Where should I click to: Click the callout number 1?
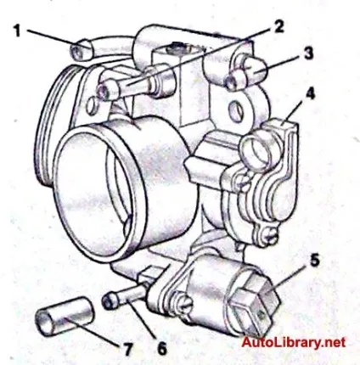18,31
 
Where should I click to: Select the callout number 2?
278,26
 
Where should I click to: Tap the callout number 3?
308,53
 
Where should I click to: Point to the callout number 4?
310,93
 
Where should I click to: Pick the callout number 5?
314,261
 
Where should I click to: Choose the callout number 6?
162,348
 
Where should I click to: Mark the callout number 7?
127,350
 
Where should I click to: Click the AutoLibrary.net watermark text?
294,342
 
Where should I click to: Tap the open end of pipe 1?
77,52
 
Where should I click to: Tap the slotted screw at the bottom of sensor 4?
271,237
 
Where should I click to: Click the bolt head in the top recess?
177,48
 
